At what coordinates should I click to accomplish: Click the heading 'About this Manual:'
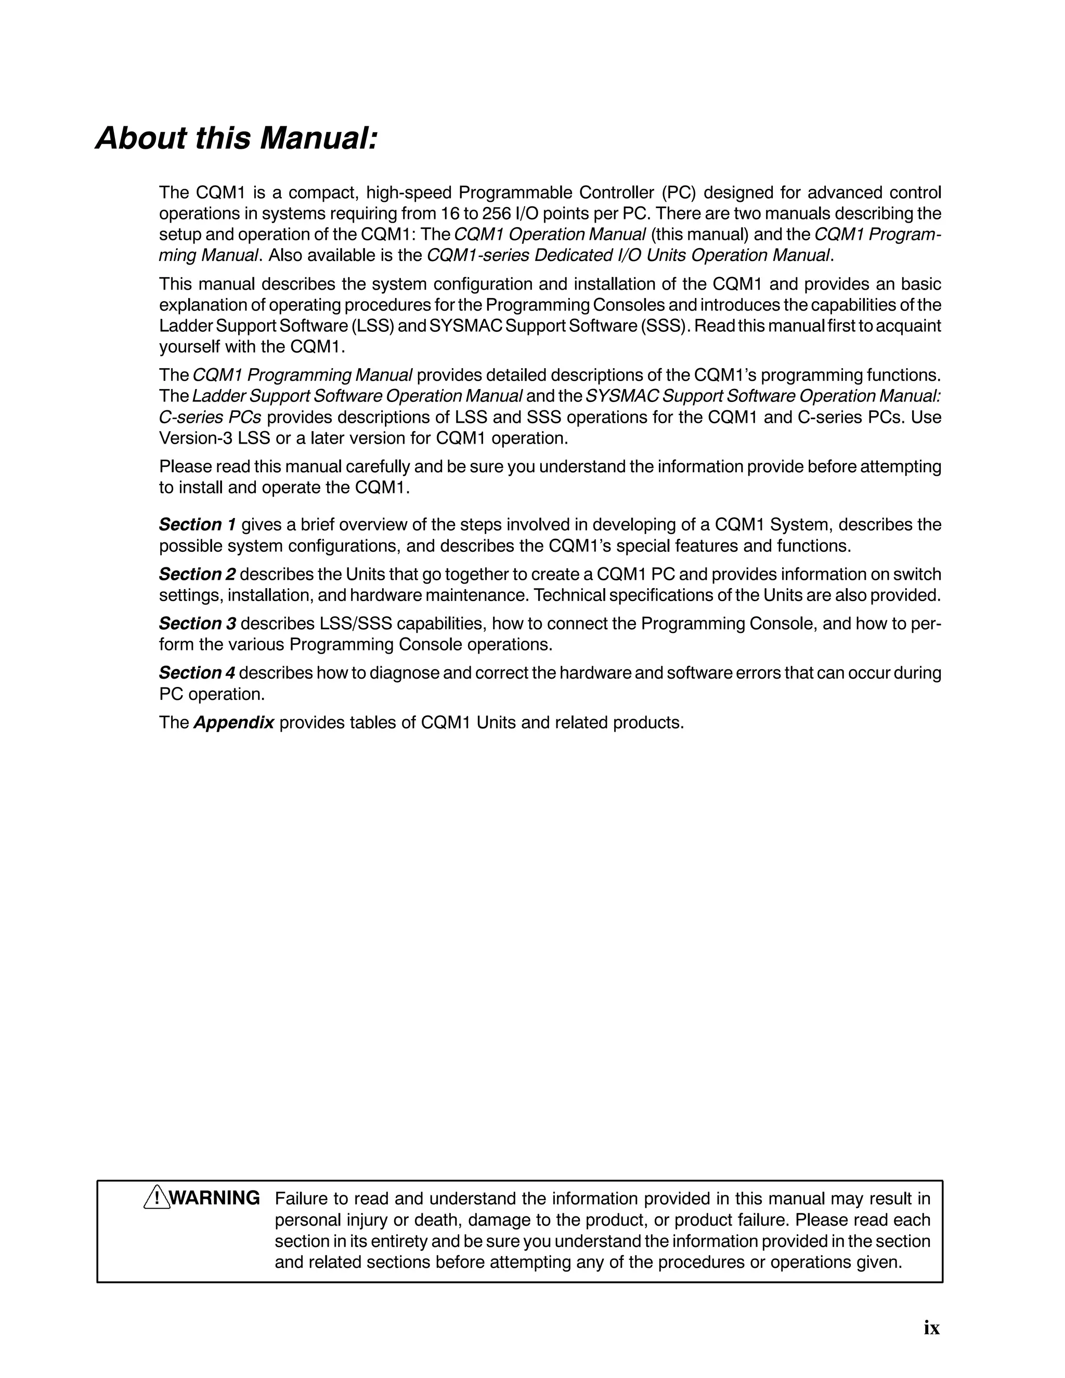(237, 138)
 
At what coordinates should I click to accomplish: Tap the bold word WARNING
(215, 1198)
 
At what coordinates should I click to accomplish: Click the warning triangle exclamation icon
(157, 1198)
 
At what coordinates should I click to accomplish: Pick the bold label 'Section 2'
(198, 574)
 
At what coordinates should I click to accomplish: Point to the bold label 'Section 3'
(198, 623)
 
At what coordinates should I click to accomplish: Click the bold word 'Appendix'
(234, 722)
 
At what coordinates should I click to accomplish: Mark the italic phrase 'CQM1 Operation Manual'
(550, 235)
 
